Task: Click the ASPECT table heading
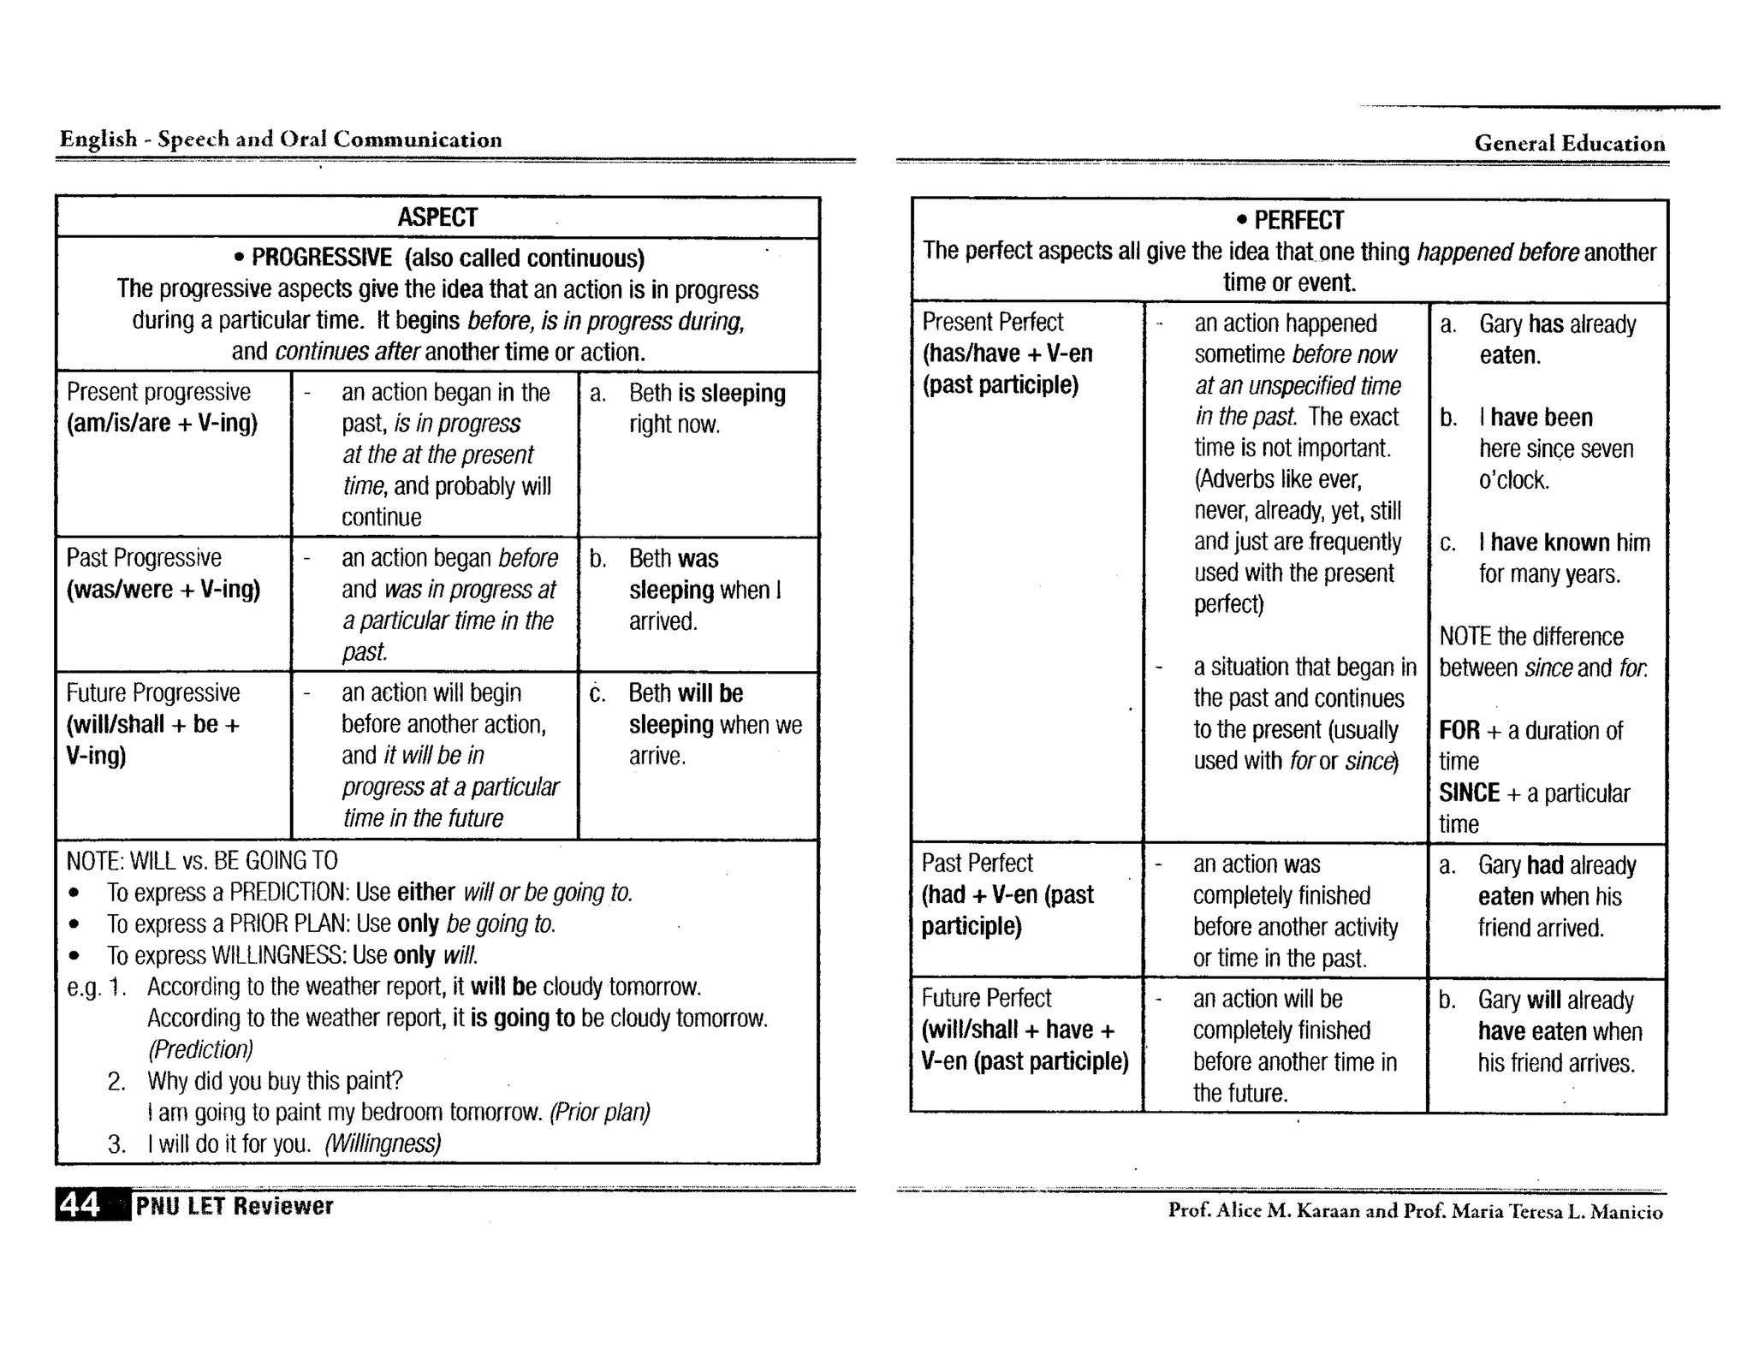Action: pyautogui.click(x=437, y=217)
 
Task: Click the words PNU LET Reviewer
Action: pyautogui.click(x=234, y=1206)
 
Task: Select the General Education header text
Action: pyautogui.click(x=1569, y=143)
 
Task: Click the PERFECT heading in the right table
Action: pyautogui.click(x=1298, y=221)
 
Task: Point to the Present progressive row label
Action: pyautogui.click(x=158, y=392)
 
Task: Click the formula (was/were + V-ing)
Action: pyautogui.click(x=163, y=590)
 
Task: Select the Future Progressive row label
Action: pyautogui.click(x=153, y=692)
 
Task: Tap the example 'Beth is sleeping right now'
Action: pyautogui.click(x=706, y=408)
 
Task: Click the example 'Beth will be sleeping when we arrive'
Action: pyautogui.click(x=714, y=724)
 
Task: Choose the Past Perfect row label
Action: pyautogui.click(x=977, y=863)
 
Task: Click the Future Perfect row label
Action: pyautogui.click(x=986, y=998)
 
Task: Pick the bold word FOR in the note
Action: pyautogui.click(x=1459, y=730)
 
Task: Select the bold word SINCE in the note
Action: pyautogui.click(x=1469, y=793)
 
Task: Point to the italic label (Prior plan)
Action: pyautogui.click(x=599, y=1113)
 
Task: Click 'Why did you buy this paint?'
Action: pyautogui.click(x=274, y=1081)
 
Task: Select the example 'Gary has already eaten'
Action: pyautogui.click(x=1556, y=339)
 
